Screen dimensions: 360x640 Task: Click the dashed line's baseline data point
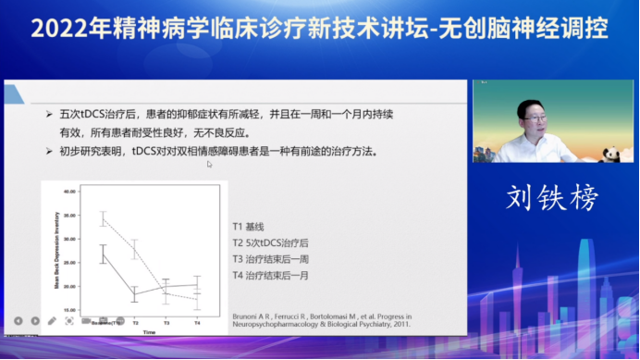click(103, 218)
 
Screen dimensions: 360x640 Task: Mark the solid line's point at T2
click(134, 295)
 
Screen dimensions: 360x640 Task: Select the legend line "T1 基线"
click(248, 226)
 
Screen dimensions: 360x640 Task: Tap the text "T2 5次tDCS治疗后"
click(272, 242)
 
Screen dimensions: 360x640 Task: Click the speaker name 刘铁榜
click(552, 197)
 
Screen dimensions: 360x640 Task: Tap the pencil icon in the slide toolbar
click(52, 321)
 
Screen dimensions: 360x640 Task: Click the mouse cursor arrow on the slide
click(210, 165)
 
